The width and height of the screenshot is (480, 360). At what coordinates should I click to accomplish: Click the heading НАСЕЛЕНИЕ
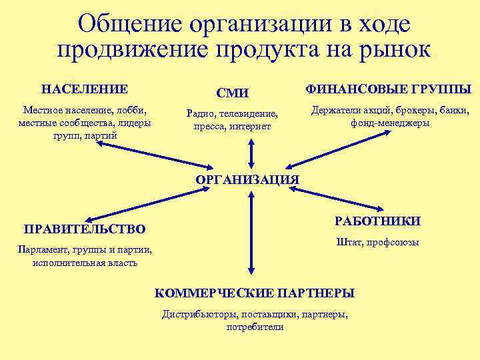click(x=85, y=89)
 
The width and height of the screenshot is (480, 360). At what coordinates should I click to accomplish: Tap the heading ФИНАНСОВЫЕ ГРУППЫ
click(x=388, y=89)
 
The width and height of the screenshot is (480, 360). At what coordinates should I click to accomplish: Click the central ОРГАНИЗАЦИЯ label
click(x=247, y=179)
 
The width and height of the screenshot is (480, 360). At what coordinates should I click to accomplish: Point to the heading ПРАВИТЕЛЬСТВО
click(x=85, y=229)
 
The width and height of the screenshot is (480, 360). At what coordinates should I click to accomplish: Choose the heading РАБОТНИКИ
click(x=377, y=221)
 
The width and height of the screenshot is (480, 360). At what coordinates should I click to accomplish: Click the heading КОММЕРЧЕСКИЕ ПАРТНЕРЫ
click(x=255, y=293)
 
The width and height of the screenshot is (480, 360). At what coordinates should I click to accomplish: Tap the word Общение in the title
click(x=130, y=25)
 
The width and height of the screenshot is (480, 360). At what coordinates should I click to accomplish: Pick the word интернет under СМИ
click(x=252, y=125)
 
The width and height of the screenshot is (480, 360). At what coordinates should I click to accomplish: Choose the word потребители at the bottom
click(x=255, y=327)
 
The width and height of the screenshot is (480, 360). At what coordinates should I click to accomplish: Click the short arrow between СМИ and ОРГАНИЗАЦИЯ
click(x=251, y=153)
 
